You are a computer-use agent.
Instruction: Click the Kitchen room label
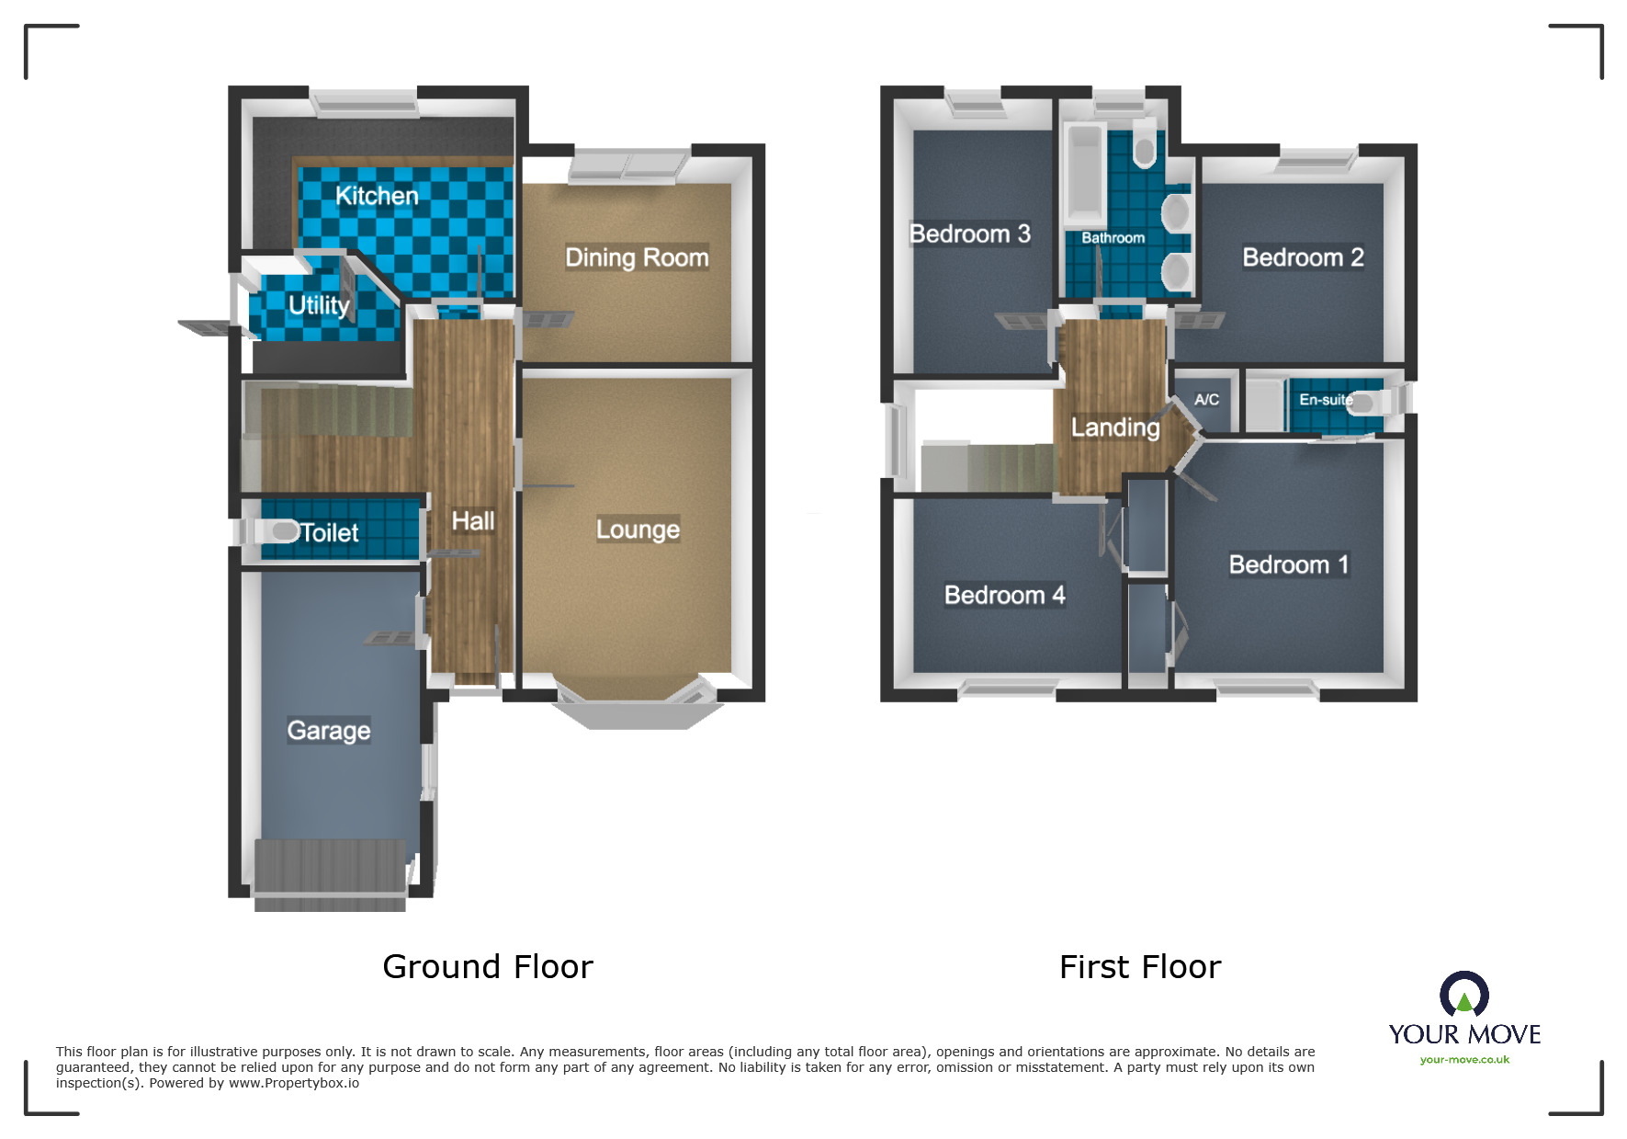377,196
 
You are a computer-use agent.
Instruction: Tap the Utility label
319,304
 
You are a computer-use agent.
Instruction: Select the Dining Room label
637,257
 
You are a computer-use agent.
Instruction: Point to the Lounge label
638,530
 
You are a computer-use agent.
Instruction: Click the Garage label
329,731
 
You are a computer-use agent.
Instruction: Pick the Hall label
473,521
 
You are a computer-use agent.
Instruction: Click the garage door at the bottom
330,873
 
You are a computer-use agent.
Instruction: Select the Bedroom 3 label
970,233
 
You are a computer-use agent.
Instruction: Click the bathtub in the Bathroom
1084,175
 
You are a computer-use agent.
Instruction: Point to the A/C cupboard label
1206,400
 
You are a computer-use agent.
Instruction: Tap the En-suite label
1325,400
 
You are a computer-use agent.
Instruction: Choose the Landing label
1115,427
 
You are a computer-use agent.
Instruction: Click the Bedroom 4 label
1004,596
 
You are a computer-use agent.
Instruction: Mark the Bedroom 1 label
1289,564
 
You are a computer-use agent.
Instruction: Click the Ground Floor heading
488,967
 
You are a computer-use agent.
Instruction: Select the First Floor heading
1140,967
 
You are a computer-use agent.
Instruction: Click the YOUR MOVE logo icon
1464,995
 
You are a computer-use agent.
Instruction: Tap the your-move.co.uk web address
1464,1060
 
